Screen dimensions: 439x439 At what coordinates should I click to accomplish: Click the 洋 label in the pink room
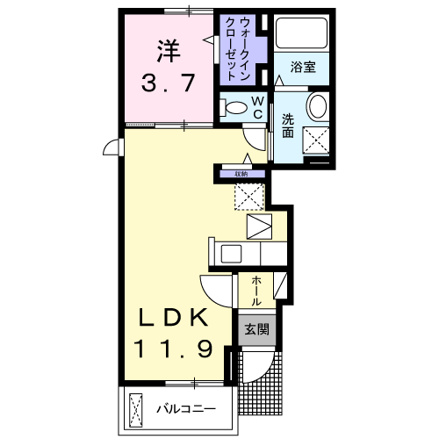tap(169, 51)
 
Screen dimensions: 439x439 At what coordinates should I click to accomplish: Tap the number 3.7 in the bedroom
tap(168, 83)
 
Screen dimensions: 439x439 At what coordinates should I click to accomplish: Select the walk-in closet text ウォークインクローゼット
tap(237, 49)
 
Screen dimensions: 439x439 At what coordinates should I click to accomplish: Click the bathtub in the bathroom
tap(301, 33)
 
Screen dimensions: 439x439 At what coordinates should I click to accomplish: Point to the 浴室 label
tap(303, 67)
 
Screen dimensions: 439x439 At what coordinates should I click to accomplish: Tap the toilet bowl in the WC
tap(234, 107)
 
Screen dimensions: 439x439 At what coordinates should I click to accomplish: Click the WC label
tap(257, 107)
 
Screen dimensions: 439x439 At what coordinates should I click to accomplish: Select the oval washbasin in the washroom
tap(318, 106)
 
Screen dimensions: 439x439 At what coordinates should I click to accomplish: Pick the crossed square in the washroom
tap(316, 140)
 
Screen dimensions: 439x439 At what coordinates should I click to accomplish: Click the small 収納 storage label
tap(241, 174)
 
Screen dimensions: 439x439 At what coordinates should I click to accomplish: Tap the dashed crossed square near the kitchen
tap(249, 197)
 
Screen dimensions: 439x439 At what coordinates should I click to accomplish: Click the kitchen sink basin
tap(231, 254)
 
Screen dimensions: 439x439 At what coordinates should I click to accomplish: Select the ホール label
tap(256, 291)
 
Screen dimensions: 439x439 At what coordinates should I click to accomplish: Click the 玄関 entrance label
tap(256, 330)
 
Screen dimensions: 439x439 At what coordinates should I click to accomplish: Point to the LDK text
tap(173, 318)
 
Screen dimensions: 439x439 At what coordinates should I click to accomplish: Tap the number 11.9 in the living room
tap(173, 348)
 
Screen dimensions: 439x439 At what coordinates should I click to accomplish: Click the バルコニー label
tap(186, 408)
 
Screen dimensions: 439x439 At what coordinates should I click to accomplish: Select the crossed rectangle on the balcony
tap(135, 407)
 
